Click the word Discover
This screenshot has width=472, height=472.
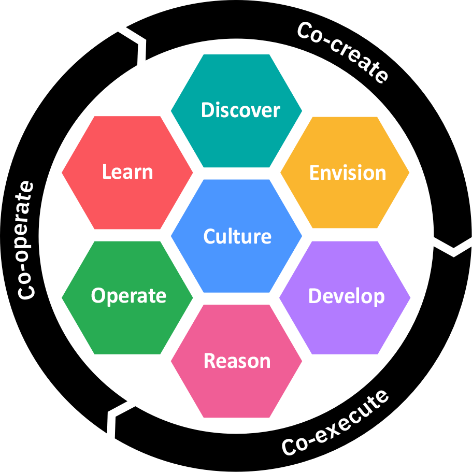point(240,110)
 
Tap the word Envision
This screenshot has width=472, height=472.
point(347,173)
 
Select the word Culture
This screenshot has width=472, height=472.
point(237,236)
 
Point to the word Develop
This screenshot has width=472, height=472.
point(346,296)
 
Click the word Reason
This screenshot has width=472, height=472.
point(237,361)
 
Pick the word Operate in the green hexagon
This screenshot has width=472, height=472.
point(128,296)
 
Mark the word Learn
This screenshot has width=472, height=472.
point(127,171)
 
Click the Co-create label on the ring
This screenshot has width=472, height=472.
point(342,52)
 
